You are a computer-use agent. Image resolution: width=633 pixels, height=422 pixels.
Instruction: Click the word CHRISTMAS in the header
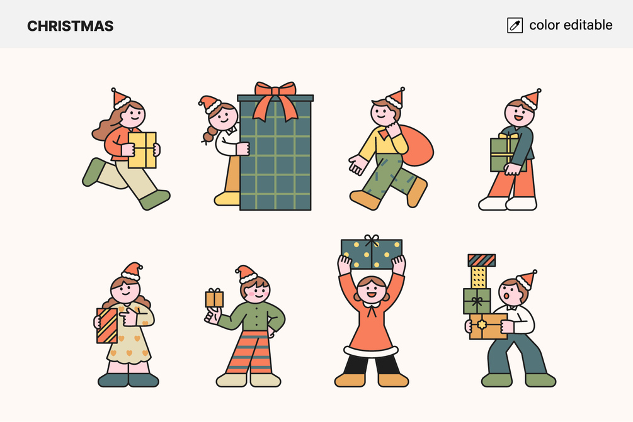pos(71,26)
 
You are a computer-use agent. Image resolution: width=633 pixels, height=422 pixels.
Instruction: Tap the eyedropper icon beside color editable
pos(515,25)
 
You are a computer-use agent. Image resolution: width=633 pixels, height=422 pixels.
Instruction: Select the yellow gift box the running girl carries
pos(142,150)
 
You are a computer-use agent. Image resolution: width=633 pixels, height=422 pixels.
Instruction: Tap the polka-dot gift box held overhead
pos(372,254)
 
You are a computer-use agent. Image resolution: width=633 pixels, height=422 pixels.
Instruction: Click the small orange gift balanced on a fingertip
pos(214,299)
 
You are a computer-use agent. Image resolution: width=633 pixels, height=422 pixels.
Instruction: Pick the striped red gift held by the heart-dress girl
pos(107,326)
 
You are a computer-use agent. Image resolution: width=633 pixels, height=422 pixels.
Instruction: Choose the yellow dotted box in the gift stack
pos(479,277)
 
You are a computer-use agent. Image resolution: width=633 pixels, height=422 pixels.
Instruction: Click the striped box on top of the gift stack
pos(482,260)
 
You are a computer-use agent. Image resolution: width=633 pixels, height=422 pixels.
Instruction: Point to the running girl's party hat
pos(120,99)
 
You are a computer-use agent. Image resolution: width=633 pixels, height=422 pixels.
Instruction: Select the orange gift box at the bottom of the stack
pos(488,326)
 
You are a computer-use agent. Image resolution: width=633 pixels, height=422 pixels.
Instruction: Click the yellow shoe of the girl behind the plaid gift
pos(227,199)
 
